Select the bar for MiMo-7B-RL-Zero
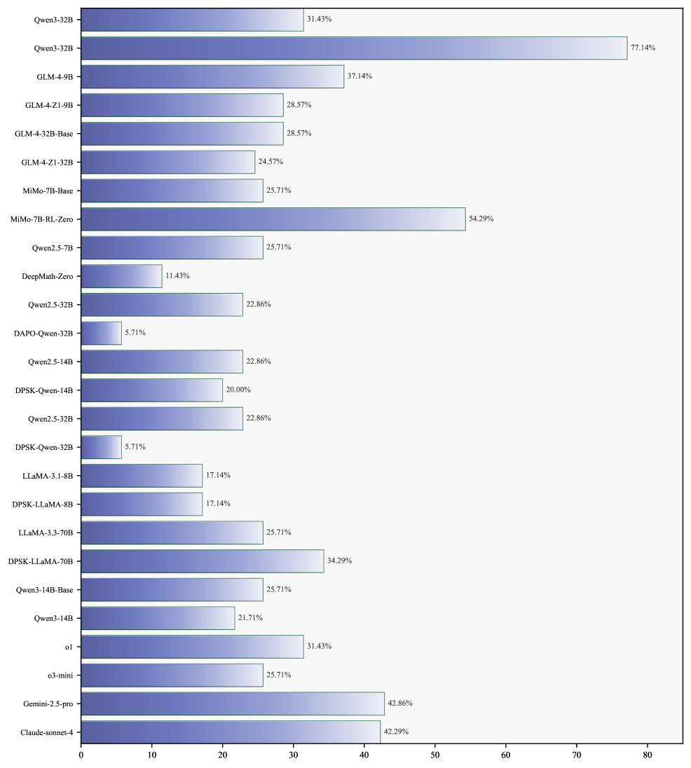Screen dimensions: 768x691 273,219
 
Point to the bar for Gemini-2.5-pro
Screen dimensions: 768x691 233,704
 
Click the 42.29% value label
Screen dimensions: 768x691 396,732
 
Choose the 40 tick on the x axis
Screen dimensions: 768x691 364,756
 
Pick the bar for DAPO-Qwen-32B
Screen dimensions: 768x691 102,333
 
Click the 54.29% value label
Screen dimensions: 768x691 481,219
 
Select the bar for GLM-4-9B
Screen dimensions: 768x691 212,76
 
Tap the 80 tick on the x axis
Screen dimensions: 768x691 648,756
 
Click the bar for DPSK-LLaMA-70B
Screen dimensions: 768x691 203,561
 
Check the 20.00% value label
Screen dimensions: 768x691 238,390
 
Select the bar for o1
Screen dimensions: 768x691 192,647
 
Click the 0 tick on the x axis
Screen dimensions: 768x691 81,756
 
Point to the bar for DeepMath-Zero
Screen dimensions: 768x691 121,276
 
